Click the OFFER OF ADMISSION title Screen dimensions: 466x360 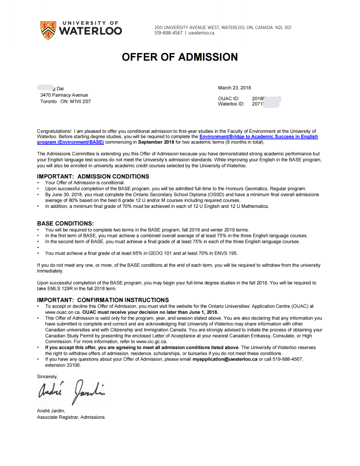[180, 57]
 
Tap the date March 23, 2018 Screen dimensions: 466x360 [234, 88]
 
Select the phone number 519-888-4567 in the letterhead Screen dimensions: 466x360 [168, 33]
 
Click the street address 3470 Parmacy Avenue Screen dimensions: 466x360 [64, 95]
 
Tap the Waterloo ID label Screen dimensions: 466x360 [231, 104]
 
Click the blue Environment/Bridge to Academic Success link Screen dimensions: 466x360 [258, 137]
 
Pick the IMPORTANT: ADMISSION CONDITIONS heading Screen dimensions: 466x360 [93, 177]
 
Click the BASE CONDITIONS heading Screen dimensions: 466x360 [65, 224]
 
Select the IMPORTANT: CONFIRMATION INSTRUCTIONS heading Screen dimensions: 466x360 [103, 300]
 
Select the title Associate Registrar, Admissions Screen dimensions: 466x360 [71, 417]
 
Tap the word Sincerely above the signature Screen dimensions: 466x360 [47, 376]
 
